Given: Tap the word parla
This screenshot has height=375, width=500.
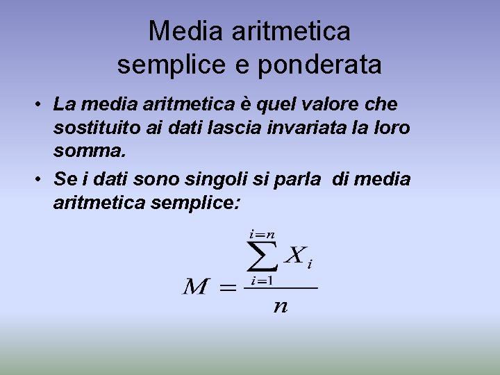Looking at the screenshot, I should (x=300, y=178).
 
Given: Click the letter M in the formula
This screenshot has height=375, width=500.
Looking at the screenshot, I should (x=196, y=287).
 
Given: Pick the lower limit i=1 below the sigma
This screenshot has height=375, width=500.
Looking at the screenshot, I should (x=262, y=281).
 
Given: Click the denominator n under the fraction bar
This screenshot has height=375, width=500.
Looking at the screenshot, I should (x=280, y=306).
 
